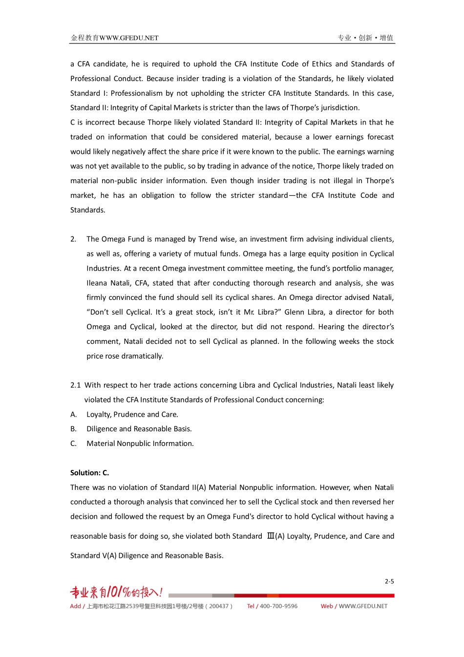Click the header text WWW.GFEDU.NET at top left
click(x=129, y=38)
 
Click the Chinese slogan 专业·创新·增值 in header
click(x=365, y=38)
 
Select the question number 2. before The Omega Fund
click(x=73, y=239)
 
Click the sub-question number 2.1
click(x=75, y=385)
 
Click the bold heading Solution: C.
click(x=89, y=473)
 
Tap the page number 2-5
click(x=389, y=581)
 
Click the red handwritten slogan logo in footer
click(x=116, y=593)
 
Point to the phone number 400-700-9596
click(x=278, y=606)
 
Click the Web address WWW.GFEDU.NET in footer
click(x=363, y=606)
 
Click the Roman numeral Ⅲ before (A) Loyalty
click(x=271, y=536)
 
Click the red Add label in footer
click(x=75, y=606)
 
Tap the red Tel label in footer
click(x=251, y=606)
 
